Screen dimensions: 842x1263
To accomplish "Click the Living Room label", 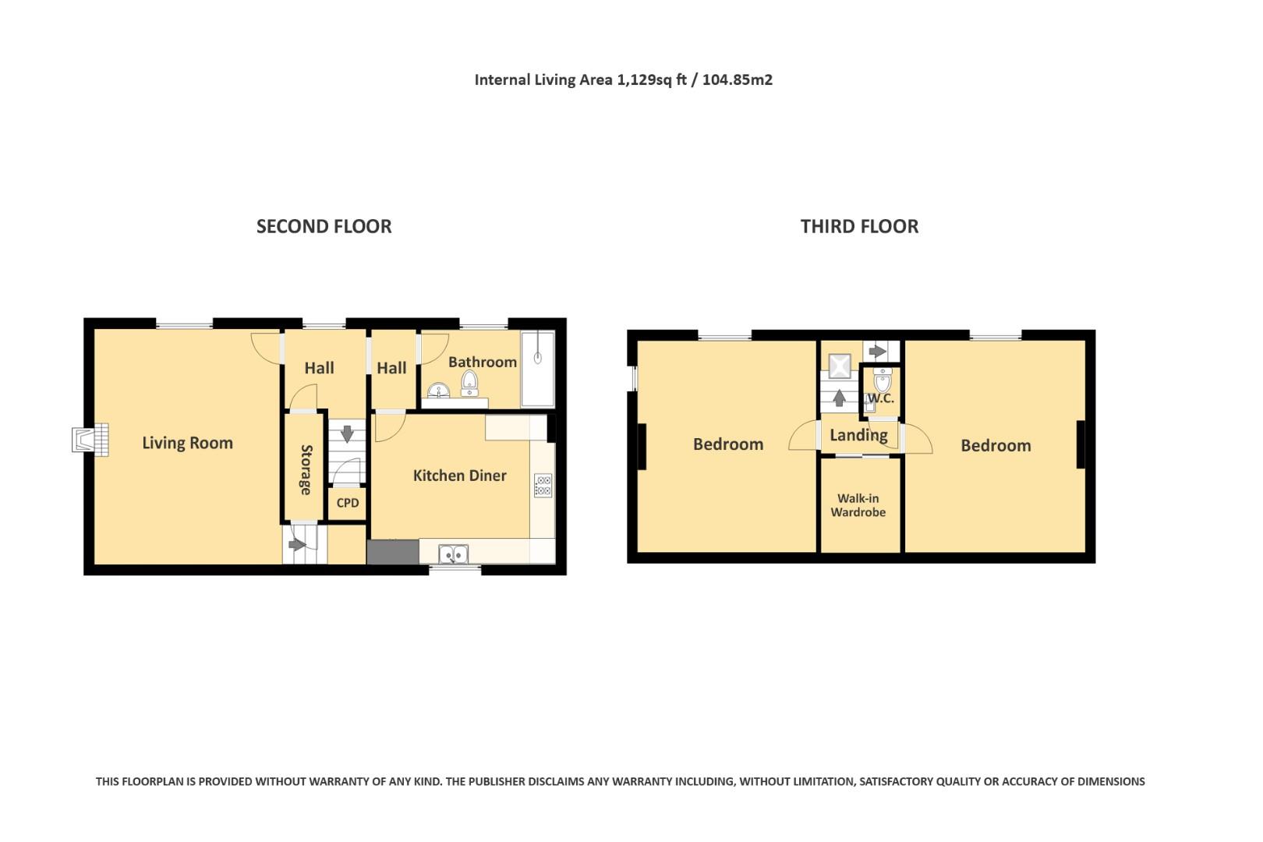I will [187, 443].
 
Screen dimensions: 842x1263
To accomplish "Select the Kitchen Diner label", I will [459, 476].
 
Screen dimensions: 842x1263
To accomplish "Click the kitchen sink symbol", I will [453, 554].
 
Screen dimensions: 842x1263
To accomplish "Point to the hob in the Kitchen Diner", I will [543, 486].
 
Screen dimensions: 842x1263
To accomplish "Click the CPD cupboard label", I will [348, 503].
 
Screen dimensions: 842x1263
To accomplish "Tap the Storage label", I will [306, 469].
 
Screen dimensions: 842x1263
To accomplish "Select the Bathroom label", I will [482, 362].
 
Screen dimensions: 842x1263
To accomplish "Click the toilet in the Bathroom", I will [469, 382].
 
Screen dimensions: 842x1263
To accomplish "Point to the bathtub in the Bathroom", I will [537, 369].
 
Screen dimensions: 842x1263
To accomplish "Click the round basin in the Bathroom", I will [439, 390].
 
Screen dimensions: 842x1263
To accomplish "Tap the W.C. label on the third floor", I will [881, 398].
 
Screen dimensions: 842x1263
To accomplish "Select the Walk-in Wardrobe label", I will [858, 505].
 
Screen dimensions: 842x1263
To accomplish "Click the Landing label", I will [858, 435].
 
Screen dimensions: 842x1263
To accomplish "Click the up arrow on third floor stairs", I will [839, 398].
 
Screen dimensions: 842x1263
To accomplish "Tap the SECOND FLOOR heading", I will [324, 226].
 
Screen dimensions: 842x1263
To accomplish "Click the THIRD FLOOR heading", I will [859, 226].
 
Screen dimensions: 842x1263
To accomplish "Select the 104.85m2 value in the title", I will [738, 80].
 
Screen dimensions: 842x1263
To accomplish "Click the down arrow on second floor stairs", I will [348, 433].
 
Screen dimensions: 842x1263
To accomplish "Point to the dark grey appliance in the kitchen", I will [393, 552].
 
